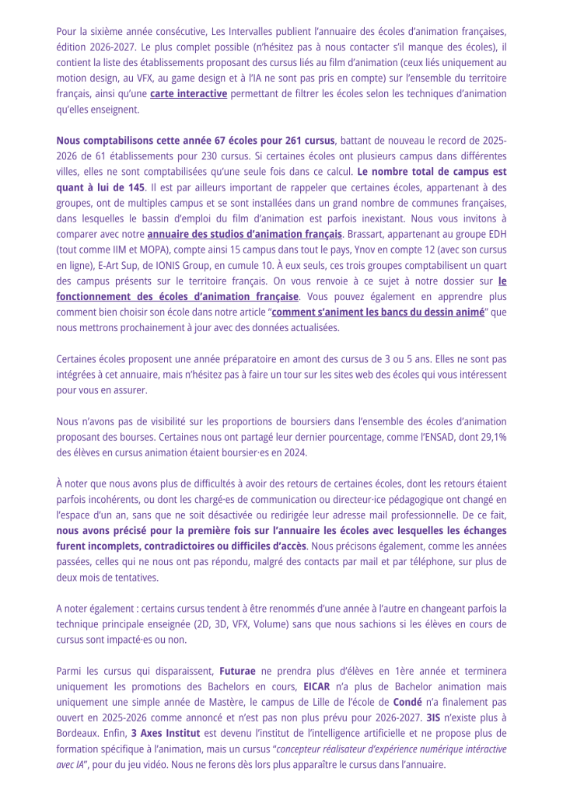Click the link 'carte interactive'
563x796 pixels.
(188, 94)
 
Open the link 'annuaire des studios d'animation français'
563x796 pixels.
(244, 234)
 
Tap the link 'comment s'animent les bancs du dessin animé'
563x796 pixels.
(378, 312)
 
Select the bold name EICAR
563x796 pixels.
(317, 686)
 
